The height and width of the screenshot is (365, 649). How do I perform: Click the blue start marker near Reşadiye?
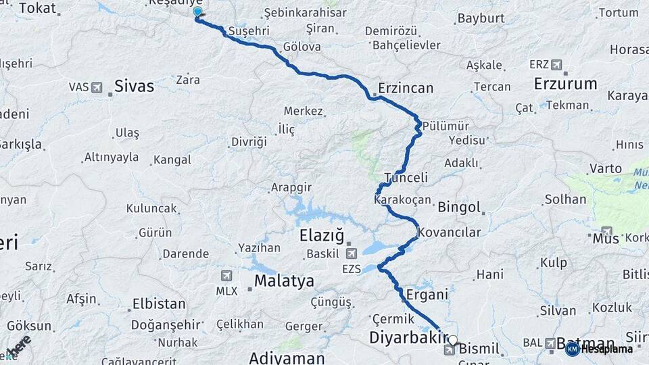pyautogui.click(x=197, y=12)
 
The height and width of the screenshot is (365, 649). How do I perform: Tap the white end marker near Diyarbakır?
pyautogui.click(x=453, y=341)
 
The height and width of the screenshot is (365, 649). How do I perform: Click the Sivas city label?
pyautogui.click(x=134, y=86)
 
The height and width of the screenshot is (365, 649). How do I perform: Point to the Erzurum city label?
pyautogui.click(x=565, y=84)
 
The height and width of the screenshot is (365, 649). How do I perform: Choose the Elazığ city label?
pyautogui.click(x=322, y=236)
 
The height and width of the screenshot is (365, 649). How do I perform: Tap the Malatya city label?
pyautogui.click(x=284, y=281)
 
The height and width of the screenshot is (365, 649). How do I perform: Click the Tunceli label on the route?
pyautogui.click(x=406, y=178)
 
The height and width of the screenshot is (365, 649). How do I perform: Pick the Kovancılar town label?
pyautogui.click(x=449, y=233)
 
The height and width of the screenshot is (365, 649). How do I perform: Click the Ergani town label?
pyautogui.click(x=427, y=295)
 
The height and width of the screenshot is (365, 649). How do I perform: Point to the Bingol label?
pyautogui.click(x=459, y=208)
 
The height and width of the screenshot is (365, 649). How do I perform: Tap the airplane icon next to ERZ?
pyautogui.click(x=556, y=65)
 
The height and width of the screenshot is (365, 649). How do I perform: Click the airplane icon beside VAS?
pyautogui.click(x=97, y=87)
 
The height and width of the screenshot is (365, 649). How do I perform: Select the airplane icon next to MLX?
pyautogui.click(x=226, y=276)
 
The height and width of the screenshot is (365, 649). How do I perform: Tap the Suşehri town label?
pyautogui.click(x=249, y=31)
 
